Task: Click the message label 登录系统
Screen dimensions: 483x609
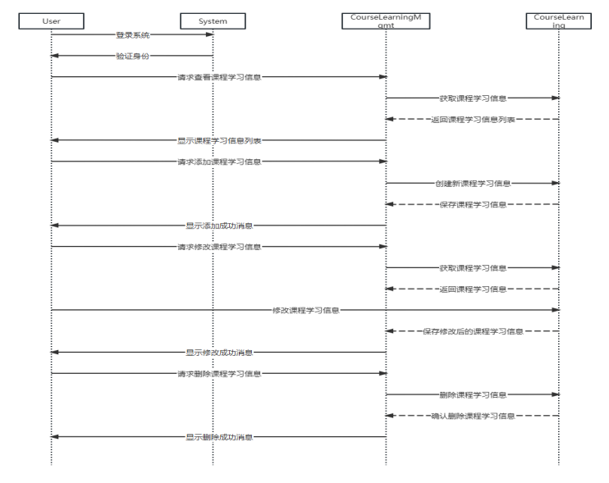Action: (x=133, y=35)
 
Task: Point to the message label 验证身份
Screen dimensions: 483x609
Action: (x=133, y=56)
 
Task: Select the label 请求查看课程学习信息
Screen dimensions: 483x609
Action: (x=219, y=77)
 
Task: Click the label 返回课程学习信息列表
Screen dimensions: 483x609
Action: (x=473, y=120)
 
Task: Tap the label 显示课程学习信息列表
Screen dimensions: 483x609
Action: (x=219, y=140)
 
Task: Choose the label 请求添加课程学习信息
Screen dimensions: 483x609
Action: (x=219, y=162)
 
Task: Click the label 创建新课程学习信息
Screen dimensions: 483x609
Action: (x=473, y=183)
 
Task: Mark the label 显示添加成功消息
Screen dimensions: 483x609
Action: (x=219, y=226)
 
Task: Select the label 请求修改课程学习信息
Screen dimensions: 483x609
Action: (x=219, y=246)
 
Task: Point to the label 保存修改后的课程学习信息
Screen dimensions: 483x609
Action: (x=473, y=331)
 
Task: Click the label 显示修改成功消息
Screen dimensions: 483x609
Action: (x=219, y=353)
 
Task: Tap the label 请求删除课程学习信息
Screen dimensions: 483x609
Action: (x=219, y=374)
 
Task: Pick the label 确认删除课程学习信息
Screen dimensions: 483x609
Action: (x=473, y=416)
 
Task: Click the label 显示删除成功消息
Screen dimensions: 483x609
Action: (x=219, y=437)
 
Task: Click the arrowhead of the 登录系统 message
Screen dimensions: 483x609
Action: (x=209, y=35)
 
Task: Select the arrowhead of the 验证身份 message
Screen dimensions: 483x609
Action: (x=55, y=56)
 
